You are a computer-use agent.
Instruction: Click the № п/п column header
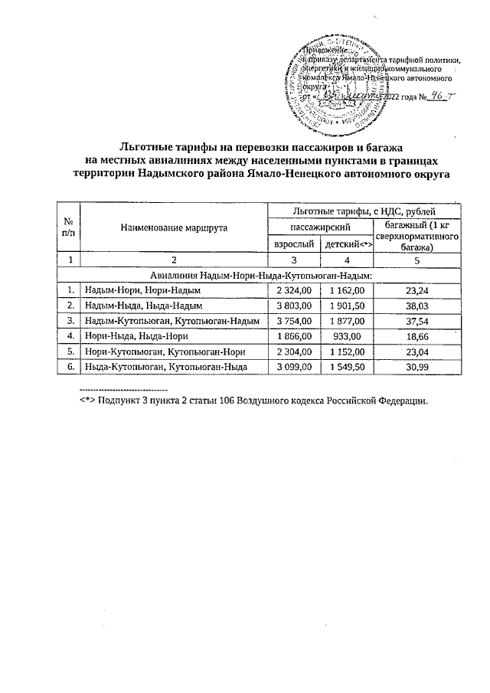coord(69,227)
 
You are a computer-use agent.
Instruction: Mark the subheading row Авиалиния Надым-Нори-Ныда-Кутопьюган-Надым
coord(261,274)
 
